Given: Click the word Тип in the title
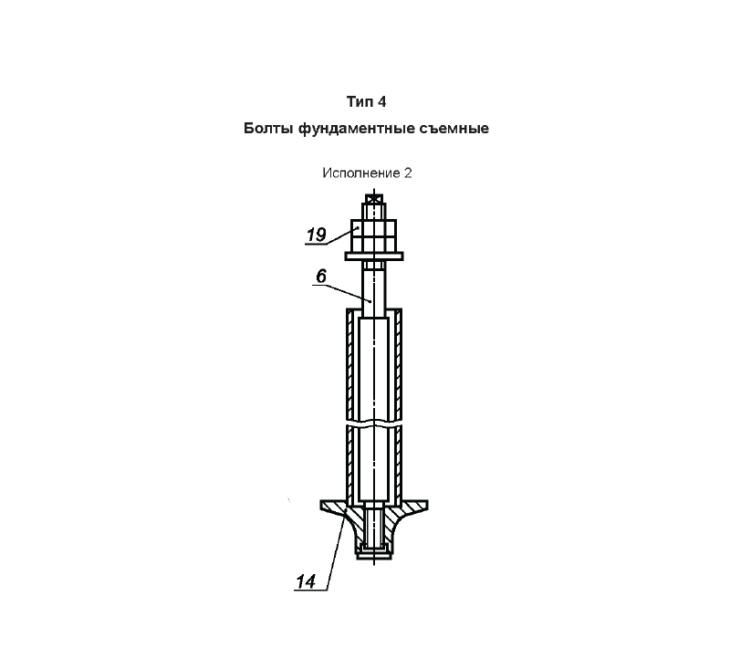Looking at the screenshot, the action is pos(360,101).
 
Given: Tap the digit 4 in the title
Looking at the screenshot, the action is pos(381,101).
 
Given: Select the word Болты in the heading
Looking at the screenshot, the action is pos(268,129).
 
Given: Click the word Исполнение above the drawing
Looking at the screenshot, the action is pos(360,173).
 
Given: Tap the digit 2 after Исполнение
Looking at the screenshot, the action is pos(408,173).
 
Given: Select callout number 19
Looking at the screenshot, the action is pos(317,235).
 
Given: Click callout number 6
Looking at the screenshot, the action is pos(321,277).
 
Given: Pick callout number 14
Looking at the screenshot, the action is pos(306,581).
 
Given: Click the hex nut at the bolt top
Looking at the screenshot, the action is pos(374,235).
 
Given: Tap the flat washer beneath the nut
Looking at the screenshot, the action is pos(374,256).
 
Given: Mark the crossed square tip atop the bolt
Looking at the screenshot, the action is pos(374,199).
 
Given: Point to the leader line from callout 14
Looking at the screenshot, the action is pos(336,550).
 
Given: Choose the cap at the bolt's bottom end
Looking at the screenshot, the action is pos(374,553).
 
